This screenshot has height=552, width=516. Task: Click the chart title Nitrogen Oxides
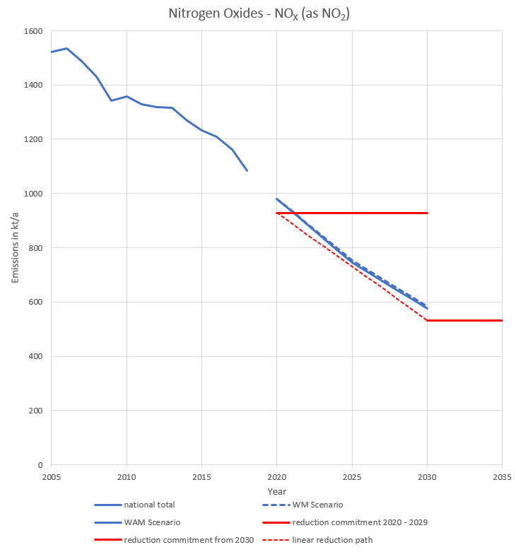pos(257,13)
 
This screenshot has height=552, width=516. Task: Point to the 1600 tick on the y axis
pos(34,31)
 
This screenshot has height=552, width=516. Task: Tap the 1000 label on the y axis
pos(34,194)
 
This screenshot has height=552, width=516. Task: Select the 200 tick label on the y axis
pos(36,411)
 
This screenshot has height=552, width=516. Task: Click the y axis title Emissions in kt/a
pos(16,248)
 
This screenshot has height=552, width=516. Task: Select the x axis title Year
pos(276,491)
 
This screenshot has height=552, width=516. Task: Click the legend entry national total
pos(148,505)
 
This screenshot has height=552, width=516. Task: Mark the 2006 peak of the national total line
pos(66,48)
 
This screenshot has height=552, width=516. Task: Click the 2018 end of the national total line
pos(247,170)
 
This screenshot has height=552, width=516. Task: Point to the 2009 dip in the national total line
pos(111,100)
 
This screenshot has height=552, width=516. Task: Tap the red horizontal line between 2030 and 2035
pos(464,320)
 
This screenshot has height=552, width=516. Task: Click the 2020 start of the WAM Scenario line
pos(277,199)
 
